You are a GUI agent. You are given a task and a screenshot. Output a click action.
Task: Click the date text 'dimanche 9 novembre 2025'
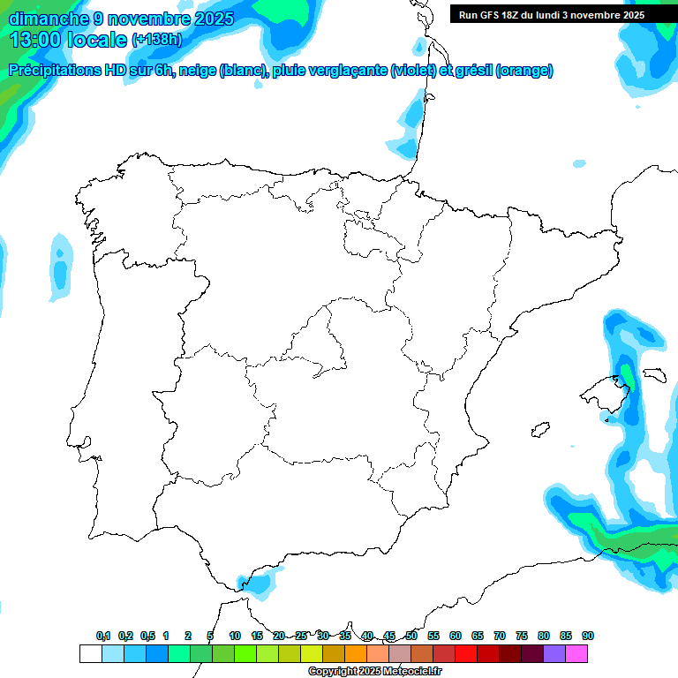tap(121, 19)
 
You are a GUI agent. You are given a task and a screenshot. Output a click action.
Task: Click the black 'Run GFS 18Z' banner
tap(551, 14)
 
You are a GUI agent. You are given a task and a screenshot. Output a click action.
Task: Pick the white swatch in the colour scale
tap(90, 653)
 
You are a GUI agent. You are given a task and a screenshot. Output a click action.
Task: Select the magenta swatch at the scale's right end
tap(576, 653)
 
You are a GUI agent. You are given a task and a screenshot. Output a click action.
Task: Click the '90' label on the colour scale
tap(588, 636)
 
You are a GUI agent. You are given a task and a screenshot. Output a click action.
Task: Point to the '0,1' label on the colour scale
tap(103, 636)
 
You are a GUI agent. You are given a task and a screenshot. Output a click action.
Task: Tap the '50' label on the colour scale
tap(411, 636)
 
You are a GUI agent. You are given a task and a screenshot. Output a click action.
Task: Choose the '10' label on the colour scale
tap(235, 636)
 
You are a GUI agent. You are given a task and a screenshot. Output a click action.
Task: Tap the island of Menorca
tap(653, 374)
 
